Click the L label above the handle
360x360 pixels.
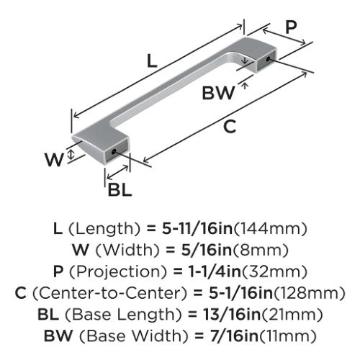[152, 60]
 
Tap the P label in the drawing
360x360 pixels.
[291, 27]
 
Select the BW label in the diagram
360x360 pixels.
[218, 93]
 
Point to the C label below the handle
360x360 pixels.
[230, 127]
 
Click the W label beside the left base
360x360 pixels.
[54, 160]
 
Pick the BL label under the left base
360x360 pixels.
[120, 190]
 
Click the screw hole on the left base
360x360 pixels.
[114, 152]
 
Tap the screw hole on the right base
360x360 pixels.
[268, 58]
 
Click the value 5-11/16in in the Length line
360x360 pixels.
[197, 228]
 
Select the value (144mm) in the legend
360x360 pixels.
[270, 228]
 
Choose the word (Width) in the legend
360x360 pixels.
[127, 250]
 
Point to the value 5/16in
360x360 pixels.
[207, 250]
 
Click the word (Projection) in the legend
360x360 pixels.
[118, 271]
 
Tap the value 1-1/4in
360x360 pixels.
[215, 271]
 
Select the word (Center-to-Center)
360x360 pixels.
[109, 293]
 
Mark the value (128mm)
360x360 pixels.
[310, 293]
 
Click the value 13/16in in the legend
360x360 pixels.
[232, 315]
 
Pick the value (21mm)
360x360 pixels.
[292, 315]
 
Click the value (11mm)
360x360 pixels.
[288, 336]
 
